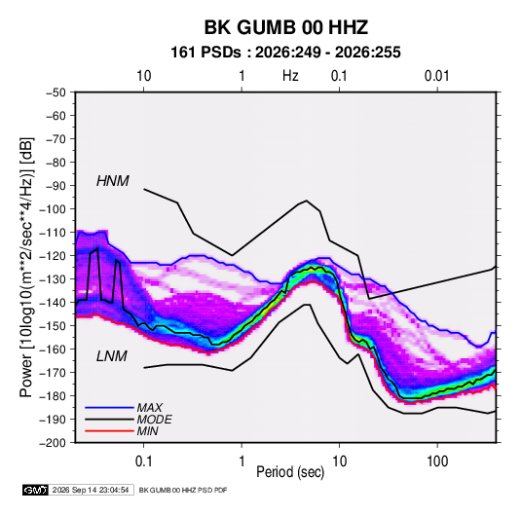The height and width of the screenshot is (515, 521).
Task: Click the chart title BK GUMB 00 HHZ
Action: click(285, 27)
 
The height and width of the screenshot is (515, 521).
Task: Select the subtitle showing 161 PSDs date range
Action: click(285, 53)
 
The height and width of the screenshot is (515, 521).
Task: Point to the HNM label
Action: click(113, 181)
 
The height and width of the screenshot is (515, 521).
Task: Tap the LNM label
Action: click(112, 356)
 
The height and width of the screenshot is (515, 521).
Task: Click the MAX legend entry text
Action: click(150, 408)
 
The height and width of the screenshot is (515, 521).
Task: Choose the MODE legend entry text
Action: click(154, 420)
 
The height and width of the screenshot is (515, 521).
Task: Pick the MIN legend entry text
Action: click(147, 431)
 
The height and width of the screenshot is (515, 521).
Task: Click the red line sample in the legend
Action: click(109, 431)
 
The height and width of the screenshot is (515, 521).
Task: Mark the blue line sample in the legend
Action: click(109, 408)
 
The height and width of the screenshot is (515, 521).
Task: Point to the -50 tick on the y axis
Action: click(56, 92)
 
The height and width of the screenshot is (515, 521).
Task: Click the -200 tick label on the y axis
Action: click(53, 443)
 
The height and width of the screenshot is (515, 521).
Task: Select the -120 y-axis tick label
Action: click(53, 256)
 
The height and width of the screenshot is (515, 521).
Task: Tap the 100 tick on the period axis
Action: click(437, 461)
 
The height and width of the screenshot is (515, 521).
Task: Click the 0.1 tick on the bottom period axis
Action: click(143, 461)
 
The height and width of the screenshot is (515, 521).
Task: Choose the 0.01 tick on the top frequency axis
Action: click(437, 76)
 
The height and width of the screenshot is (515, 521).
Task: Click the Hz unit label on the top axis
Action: click(290, 76)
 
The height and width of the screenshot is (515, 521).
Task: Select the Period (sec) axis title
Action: click(290, 472)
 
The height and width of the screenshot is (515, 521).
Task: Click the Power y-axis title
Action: click(26, 268)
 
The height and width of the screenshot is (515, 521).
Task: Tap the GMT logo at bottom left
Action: click(36, 490)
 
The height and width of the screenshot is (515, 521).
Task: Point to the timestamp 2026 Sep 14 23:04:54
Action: click(91, 490)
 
